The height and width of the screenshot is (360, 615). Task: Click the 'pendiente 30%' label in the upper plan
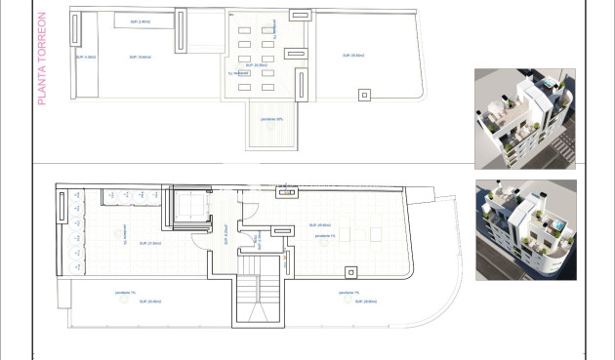271,120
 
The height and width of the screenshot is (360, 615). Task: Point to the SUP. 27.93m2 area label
149,243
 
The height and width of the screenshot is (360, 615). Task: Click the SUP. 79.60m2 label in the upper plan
140,59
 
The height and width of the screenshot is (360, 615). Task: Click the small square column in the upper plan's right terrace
365,95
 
